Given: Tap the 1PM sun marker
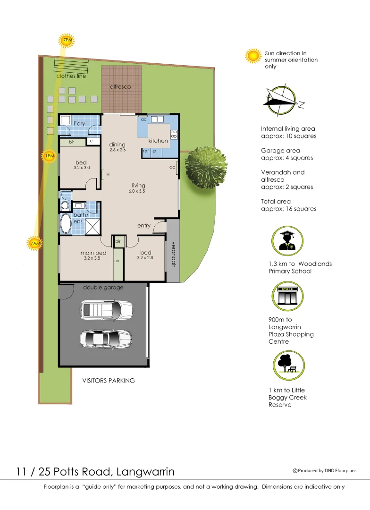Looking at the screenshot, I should [49, 156].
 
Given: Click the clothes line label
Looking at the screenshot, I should [71, 76].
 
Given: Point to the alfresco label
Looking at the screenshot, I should [120, 87].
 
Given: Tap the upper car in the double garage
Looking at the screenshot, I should [101, 310].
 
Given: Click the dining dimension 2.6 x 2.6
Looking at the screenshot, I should [117, 150].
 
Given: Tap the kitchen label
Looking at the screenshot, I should [158, 141].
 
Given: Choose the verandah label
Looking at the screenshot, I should [173, 255].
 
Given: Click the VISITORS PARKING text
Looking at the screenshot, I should [109, 381].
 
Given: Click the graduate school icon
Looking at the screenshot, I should [287, 241].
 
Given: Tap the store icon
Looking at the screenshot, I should [287, 296].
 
